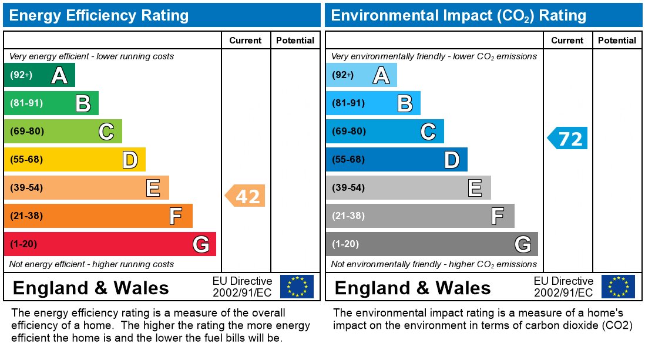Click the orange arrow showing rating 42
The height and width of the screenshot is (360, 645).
pos(246,196)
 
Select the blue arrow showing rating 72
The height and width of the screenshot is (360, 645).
pos(567,139)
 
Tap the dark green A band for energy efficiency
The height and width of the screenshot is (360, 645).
pos(39,75)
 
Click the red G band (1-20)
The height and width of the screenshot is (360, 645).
pos(110,244)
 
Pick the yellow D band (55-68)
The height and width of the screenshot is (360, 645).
pos(75,159)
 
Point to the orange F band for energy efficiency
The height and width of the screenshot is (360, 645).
pos(98,216)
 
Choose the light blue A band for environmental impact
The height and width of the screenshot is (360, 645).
pos(361,75)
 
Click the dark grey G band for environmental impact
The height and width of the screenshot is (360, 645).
pos(432,244)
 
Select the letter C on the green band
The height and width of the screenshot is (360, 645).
pos(106,132)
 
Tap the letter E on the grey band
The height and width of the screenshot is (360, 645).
pos(475,188)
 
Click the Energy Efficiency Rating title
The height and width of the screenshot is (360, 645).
pos(99,15)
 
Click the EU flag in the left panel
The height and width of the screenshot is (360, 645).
pos(297,287)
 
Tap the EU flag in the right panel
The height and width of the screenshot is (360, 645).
pos(618,287)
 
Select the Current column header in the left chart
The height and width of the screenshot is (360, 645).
pos(245,41)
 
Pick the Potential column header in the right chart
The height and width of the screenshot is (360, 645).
pos(617,41)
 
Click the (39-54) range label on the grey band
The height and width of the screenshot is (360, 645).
pos(348,188)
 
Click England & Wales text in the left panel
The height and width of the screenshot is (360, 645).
pos(90,288)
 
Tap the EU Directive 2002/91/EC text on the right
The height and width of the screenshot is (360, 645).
pos(563,287)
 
